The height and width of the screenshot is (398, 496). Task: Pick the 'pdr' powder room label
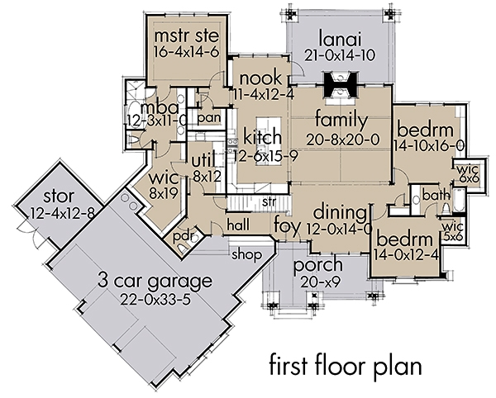coord(183,236)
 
